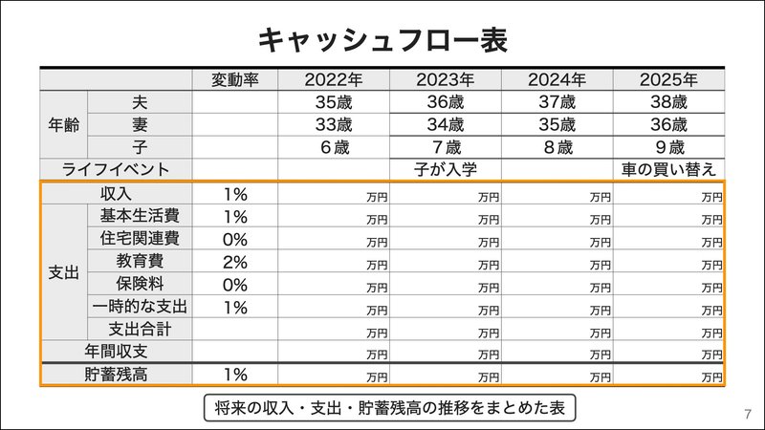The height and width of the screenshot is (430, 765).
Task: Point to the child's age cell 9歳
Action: (x=668, y=147)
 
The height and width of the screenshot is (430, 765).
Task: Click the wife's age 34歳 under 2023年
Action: (x=445, y=124)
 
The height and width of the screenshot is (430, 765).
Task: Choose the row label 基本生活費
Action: (x=140, y=216)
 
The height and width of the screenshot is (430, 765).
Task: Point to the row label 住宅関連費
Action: (x=140, y=239)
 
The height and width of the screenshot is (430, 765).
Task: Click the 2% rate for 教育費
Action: (x=235, y=262)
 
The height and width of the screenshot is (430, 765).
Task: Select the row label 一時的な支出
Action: (x=140, y=308)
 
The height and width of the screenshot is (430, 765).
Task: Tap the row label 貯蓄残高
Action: (x=116, y=375)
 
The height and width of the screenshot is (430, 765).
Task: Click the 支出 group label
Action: (x=63, y=272)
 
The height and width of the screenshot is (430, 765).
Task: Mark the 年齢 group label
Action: (x=63, y=124)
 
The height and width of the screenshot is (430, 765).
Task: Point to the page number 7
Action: (x=747, y=415)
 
